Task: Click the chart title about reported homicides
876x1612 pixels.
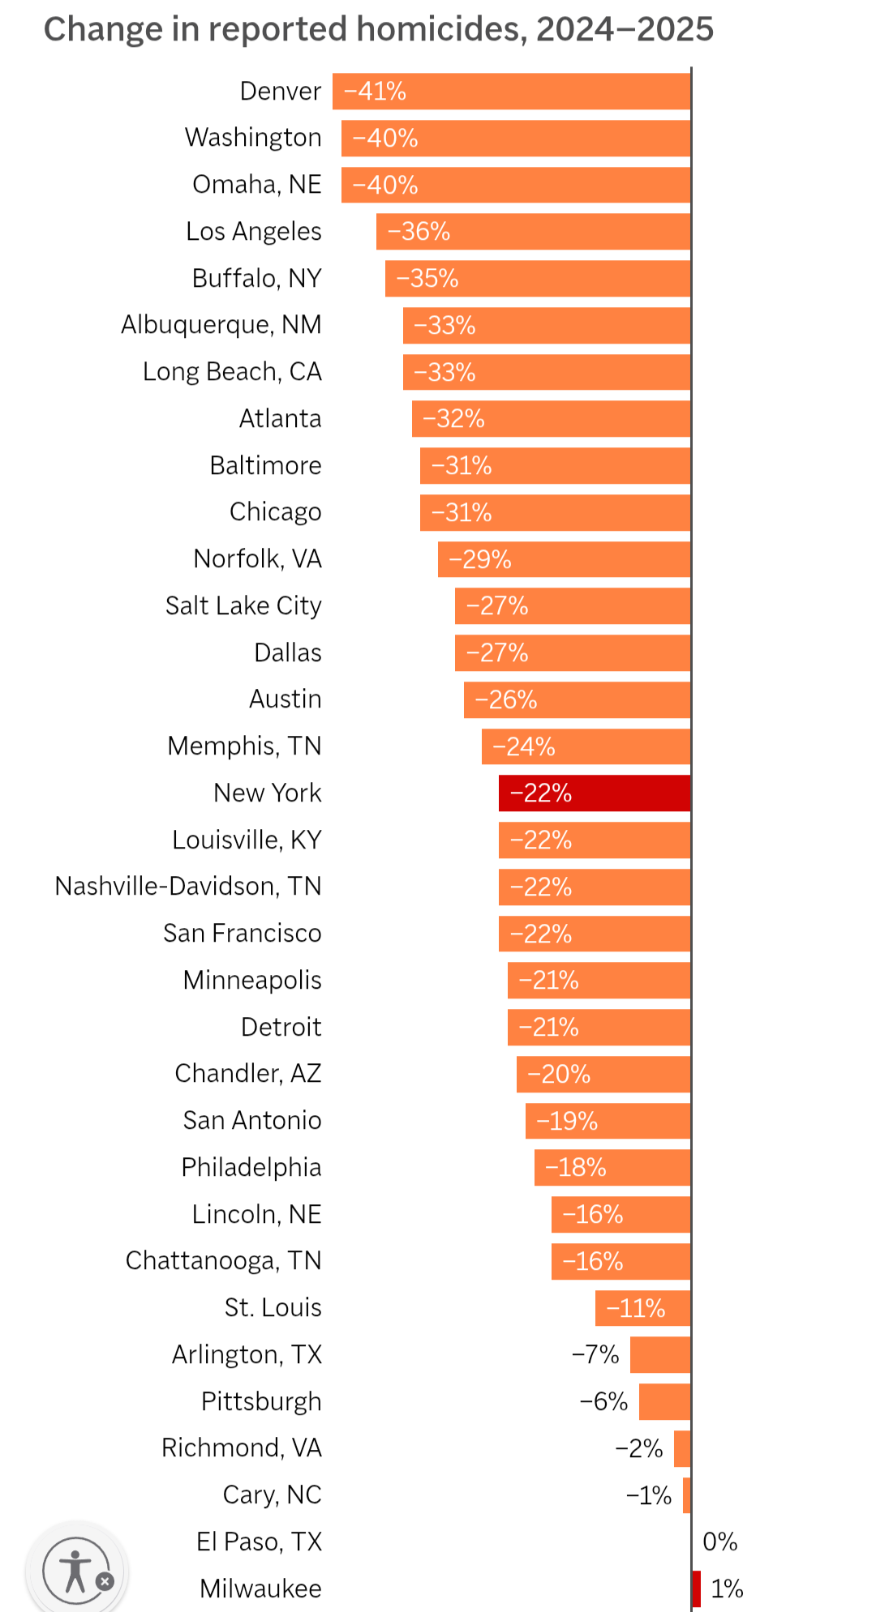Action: [x=378, y=30]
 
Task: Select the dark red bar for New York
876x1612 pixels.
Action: [x=594, y=793]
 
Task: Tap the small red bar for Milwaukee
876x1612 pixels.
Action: [x=696, y=1588]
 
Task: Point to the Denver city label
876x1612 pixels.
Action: [x=281, y=92]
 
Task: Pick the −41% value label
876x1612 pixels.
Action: [x=375, y=92]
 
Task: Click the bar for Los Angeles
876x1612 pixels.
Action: [x=533, y=232]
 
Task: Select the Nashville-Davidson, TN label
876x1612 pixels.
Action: [x=188, y=887]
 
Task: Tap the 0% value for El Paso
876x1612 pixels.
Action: [x=720, y=1541]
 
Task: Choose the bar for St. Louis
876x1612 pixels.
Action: [x=642, y=1308]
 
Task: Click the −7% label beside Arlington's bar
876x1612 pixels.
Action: [x=595, y=1355]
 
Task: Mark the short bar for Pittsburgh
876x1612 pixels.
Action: [x=664, y=1402]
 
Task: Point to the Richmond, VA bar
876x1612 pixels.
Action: [x=682, y=1448]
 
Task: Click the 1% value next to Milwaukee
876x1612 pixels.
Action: [x=727, y=1588]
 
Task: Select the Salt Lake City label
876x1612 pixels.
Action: [x=243, y=606]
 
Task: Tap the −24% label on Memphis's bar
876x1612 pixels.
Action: [x=524, y=746]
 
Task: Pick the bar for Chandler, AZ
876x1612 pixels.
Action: [x=603, y=1075]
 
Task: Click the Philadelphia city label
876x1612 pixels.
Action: [x=251, y=1168]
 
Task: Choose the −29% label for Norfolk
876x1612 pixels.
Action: [x=480, y=560]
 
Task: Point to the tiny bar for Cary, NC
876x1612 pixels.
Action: [x=686, y=1495]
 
